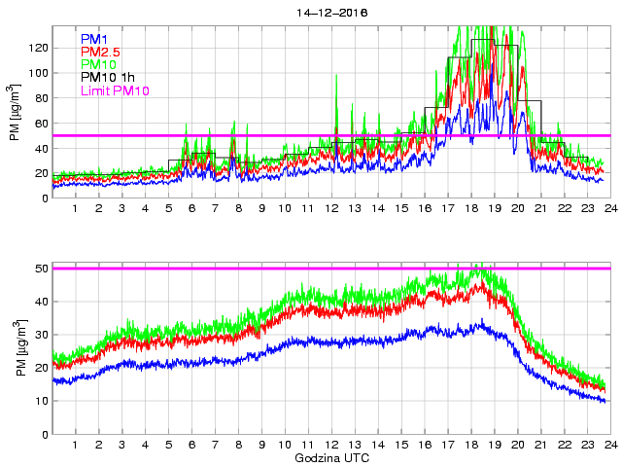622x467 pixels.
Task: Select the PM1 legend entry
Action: [x=93, y=39]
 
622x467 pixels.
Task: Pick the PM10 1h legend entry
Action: [x=106, y=77]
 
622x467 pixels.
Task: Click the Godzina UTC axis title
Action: [x=331, y=457]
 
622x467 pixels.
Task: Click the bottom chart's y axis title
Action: [x=17, y=350]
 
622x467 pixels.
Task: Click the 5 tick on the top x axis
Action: [x=169, y=209]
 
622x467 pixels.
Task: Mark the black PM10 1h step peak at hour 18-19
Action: [x=482, y=40]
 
